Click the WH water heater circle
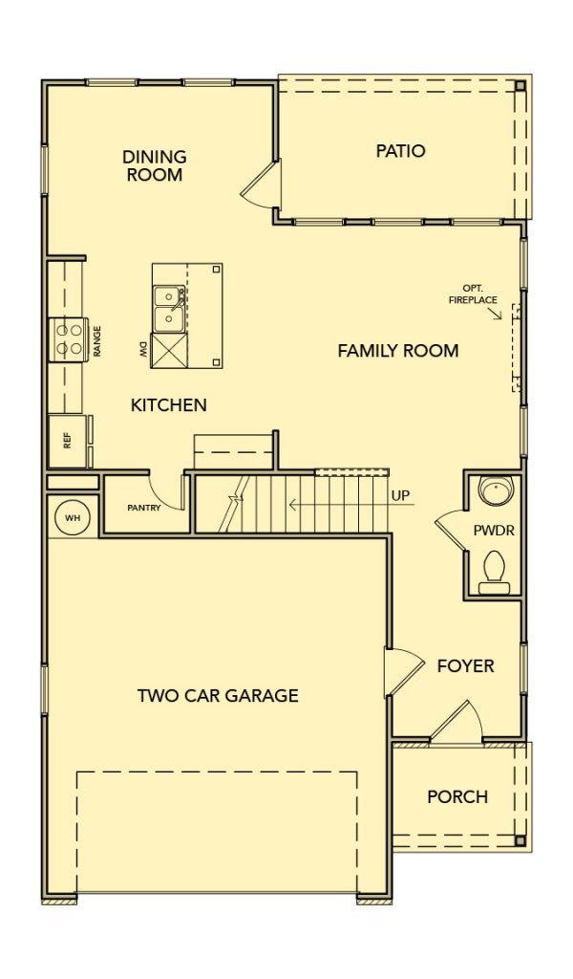73,517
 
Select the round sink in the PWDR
496,490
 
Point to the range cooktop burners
69,339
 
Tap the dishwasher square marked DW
169,350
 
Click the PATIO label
400,150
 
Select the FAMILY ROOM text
398,350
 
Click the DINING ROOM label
155,165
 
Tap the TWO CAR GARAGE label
218,695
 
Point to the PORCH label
457,796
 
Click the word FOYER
465,665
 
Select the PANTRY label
144,508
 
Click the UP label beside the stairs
401,496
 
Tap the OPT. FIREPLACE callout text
474,294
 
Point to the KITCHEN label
168,404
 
